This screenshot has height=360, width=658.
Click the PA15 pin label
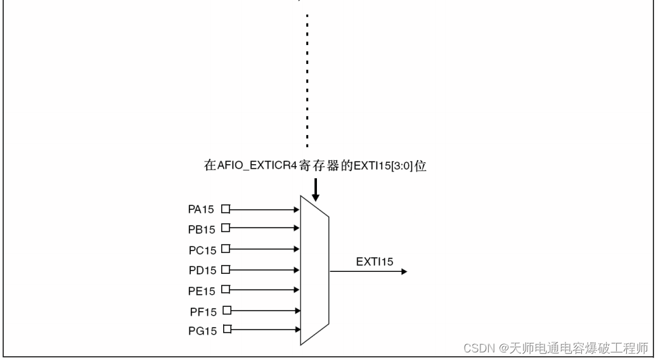202,209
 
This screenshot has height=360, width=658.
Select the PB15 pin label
202,229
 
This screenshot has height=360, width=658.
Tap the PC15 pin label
202,250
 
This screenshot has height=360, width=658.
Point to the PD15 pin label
202,271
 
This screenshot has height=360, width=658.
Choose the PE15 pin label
202,291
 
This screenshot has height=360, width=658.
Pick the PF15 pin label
203,312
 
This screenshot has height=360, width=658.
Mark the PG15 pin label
202,331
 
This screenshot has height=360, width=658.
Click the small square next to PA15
224,208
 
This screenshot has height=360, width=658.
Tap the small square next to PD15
224,269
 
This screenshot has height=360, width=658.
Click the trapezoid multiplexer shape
314,270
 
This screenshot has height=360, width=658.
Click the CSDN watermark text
556,348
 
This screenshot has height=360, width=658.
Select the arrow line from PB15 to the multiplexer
263,228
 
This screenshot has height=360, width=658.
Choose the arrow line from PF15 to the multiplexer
263,311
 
